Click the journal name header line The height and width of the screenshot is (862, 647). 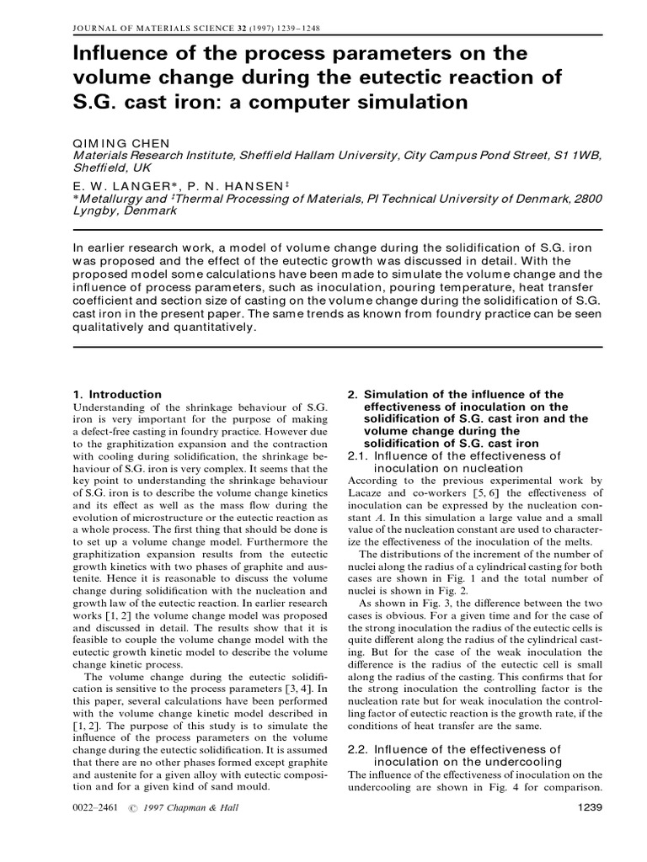184,27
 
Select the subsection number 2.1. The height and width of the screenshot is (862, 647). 358,455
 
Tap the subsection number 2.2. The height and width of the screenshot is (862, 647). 358,748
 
